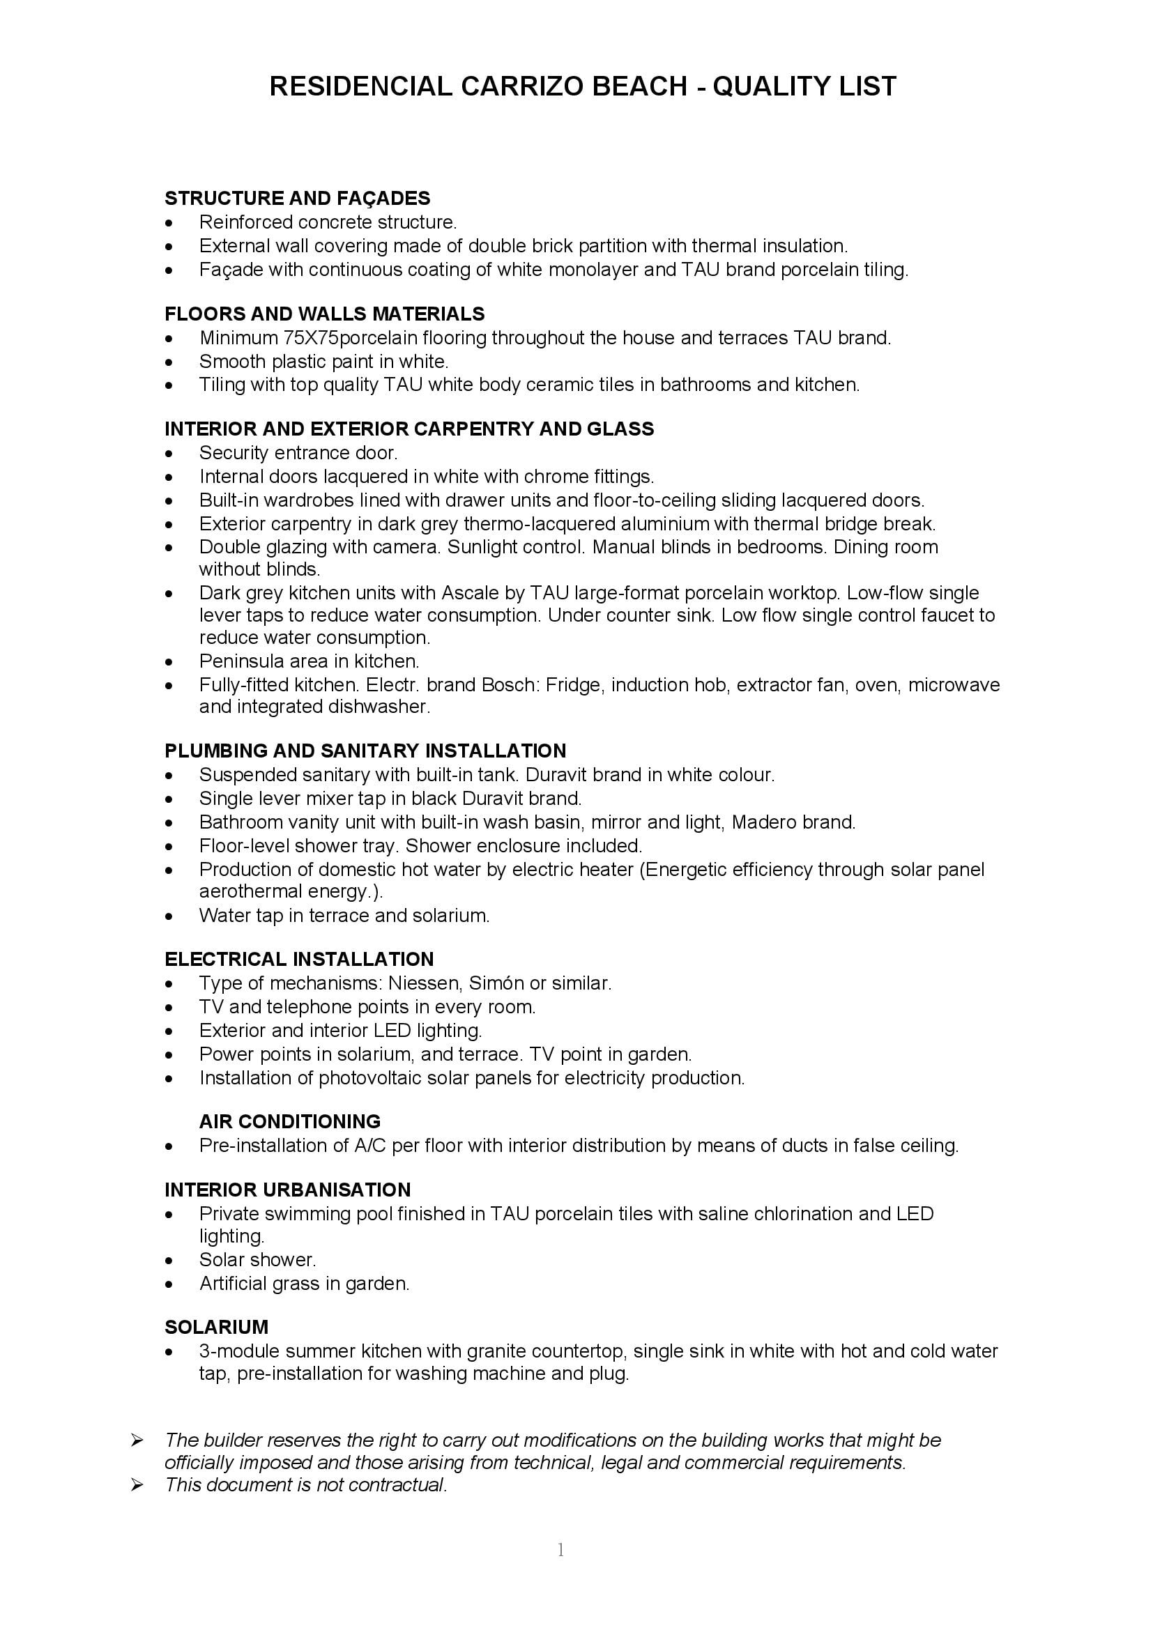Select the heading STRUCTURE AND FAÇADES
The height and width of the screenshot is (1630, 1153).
pos(298,198)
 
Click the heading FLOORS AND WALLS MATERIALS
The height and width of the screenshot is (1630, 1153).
pos(324,314)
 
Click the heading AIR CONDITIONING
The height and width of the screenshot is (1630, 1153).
pos(290,1122)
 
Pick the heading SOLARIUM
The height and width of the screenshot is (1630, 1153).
pos(217,1327)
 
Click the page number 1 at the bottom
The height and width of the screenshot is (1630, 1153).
pos(561,1551)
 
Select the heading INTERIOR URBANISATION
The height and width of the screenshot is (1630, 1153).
pos(287,1190)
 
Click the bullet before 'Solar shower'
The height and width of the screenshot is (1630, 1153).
pos(169,1261)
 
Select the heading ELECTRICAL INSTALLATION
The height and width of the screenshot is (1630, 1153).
pos(299,959)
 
